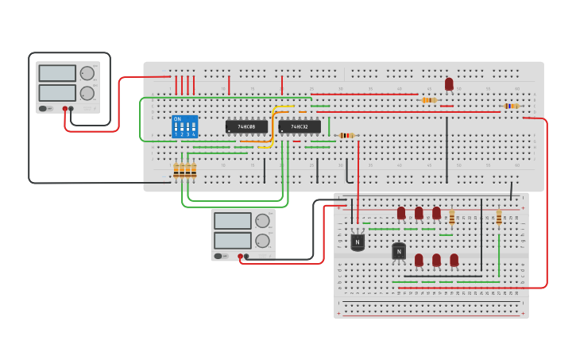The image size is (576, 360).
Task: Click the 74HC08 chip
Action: pos(246,126)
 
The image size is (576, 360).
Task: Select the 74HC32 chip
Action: pos(300,126)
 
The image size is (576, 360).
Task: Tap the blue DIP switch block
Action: pos(184,127)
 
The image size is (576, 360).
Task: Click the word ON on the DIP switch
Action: pos(177,119)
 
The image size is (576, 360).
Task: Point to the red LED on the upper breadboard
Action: pos(449,83)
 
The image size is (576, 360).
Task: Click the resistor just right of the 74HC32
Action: pos(346,135)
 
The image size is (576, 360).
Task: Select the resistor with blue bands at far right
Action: pos(512,106)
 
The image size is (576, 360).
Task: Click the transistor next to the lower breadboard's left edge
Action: pos(358,241)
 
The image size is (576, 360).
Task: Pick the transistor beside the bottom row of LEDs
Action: pos(399,251)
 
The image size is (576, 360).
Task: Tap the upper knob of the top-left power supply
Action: pos(87,74)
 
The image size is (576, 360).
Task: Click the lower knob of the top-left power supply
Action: pos(87,93)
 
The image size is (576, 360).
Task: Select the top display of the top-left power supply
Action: pos(57,73)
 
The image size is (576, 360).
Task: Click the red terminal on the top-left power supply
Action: pos(65,109)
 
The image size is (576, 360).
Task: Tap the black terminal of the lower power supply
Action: pos(246,256)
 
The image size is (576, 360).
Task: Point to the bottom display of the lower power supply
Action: pos(232,240)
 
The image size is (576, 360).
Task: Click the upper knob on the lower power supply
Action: pos(262,221)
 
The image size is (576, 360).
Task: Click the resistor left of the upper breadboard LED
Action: pos(429,100)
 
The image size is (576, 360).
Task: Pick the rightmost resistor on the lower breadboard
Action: pos(499,218)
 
